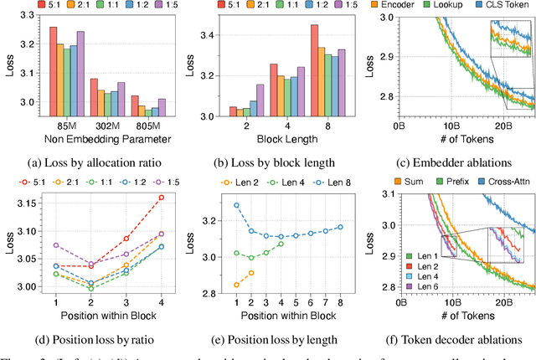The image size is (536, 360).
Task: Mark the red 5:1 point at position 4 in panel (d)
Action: click(x=162, y=198)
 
